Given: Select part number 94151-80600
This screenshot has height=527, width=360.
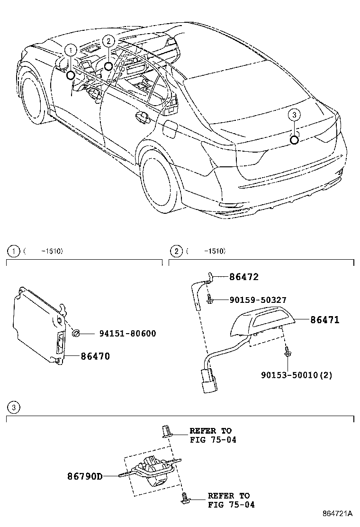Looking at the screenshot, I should (x=127, y=334).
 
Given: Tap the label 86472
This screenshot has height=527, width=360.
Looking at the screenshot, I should (x=244, y=277).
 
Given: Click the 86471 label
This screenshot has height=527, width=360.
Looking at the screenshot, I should (x=324, y=320).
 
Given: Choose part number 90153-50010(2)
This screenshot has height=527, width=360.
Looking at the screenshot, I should (x=296, y=375).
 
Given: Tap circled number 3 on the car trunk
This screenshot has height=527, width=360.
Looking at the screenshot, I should (x=294, y=114).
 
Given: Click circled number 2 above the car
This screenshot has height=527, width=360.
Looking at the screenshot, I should (x=108, y=41).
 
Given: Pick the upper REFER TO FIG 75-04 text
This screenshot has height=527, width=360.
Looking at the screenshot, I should (x=211, y=435).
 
